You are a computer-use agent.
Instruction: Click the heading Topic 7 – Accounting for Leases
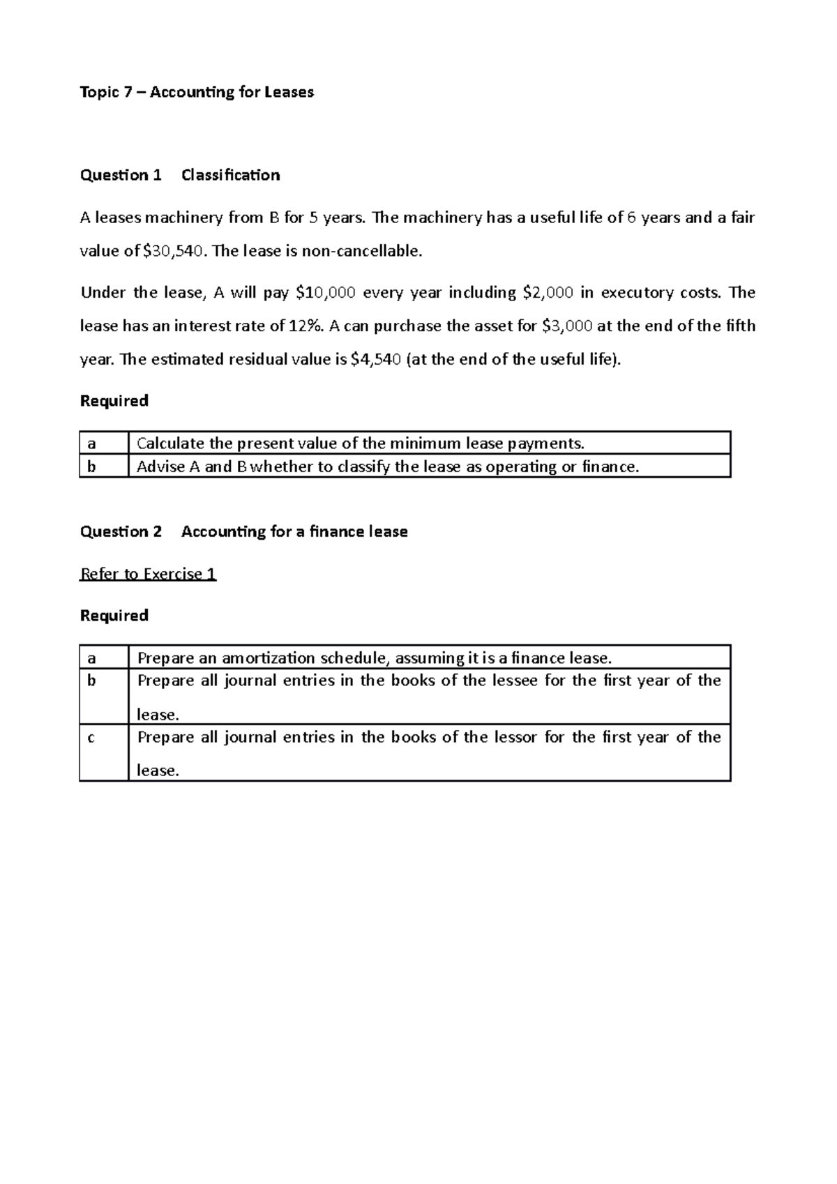(x=197, y=92)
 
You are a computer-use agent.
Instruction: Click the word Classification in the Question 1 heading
(x=230, y=175)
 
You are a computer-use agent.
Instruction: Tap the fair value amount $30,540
(x=174, y=251)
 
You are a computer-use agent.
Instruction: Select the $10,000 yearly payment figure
(x=325, y=293)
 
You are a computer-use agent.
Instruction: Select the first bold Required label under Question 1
(x=114, y=401)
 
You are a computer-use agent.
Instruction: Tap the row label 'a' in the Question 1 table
(x=90, y=443)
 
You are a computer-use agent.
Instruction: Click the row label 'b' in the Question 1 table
(x=90, y=466)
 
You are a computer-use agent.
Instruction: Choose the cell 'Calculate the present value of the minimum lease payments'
(x=360, y=443)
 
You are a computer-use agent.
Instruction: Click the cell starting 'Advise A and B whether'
(x=387, y=466)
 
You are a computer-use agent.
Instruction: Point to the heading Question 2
(x=121, y=532)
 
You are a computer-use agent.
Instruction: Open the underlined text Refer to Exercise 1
(x=148, y=574)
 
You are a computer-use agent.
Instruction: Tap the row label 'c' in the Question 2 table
(x=90, y=738)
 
